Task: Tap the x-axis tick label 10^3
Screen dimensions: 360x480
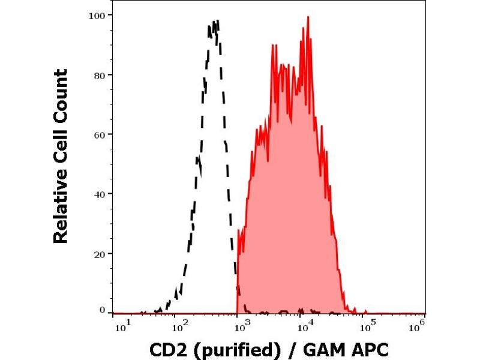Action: (x=241, y=325)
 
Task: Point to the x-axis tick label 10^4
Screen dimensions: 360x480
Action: (x=305, y=325)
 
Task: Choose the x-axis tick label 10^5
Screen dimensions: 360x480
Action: (x=368, y=325)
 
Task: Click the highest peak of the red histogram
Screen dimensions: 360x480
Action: (x=308, y=17)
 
